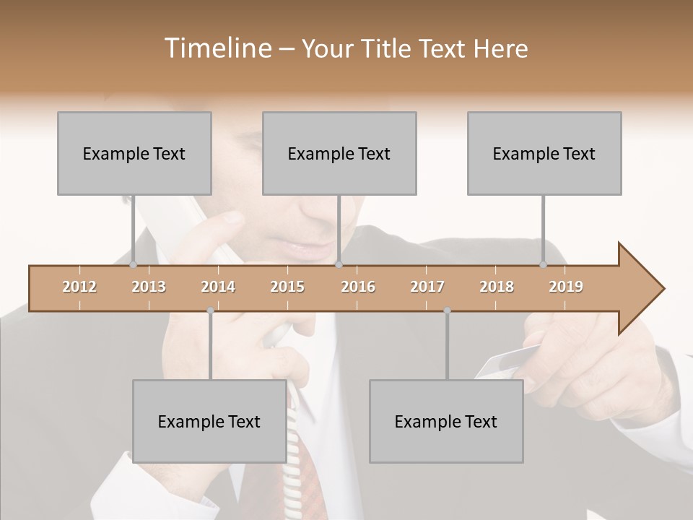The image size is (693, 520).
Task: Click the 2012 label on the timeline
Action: point(79,287)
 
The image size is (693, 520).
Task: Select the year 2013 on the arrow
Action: point(149,287)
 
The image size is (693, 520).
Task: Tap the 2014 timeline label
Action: point(218,287)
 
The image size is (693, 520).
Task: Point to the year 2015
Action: point(287,287)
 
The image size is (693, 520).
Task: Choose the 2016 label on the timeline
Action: point(358,287)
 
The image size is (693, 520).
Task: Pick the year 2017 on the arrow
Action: point(427,287)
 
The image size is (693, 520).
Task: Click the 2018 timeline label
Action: point(497,287)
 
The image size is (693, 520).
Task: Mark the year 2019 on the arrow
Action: point(566,287)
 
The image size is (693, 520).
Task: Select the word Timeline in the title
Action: point(216,48)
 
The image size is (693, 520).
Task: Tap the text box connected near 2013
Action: point(134,153)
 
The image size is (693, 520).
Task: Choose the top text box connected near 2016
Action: point(339,153)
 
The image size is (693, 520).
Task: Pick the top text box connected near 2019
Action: point(544,153)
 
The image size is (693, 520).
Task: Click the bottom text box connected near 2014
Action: point(209,421)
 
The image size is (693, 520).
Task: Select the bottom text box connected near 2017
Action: point(446,421)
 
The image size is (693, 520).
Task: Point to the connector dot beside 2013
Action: point(133,265)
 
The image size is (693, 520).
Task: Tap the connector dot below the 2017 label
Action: point(447,311)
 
